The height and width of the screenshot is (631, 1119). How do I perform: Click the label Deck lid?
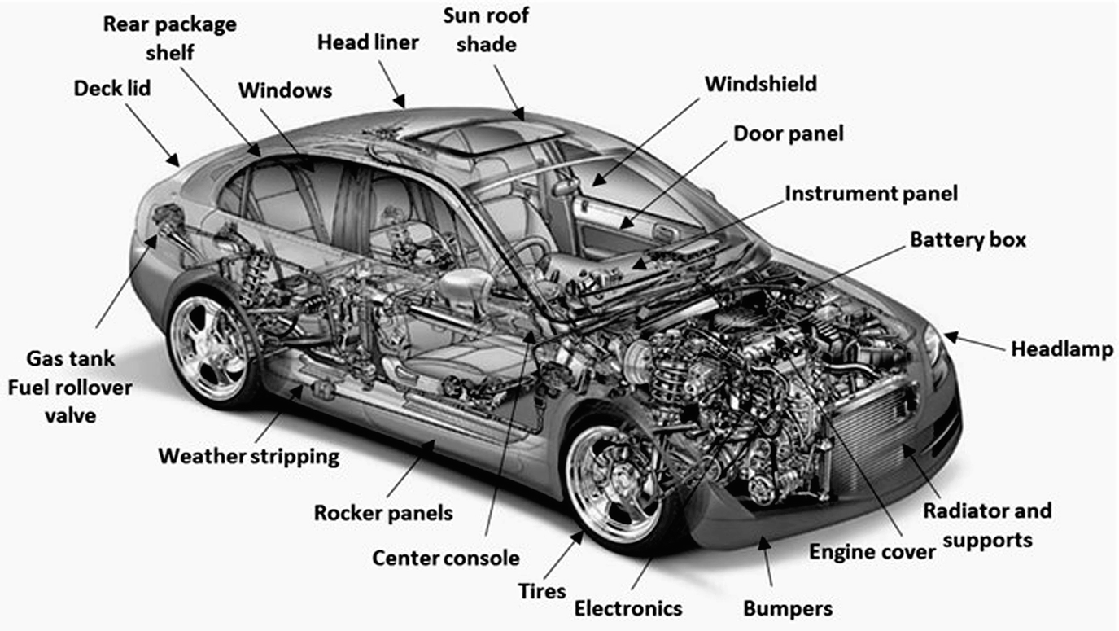click(x=112, y=88)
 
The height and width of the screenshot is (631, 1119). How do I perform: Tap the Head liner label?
click(x=368, y=42)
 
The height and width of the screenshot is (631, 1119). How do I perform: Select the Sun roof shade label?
click(x=486, y=29)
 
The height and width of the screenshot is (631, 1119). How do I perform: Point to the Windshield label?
click(x=760, y=84)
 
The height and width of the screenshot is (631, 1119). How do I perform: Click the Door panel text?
click(x=788, y=133)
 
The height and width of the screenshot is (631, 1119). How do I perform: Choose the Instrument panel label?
click(x=871, y=194)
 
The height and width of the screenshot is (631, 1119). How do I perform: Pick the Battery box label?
click(x=968, y=240)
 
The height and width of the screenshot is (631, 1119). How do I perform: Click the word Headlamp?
click(x=1061, y=349)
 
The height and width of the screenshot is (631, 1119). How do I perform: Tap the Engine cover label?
click(x=872, y=552)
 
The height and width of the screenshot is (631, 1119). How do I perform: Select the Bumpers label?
click(x=788, y=608)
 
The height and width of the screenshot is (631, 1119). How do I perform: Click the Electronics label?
click(x=627, y=608)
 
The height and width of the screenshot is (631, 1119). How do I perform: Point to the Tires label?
click(x=542, y=590)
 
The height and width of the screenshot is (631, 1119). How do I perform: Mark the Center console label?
click(x=445, y=559)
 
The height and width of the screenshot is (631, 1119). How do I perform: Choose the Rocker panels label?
click(x=383, y=513)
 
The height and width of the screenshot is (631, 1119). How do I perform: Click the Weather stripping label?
click(x=248, y=456)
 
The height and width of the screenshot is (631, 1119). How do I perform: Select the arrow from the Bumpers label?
click(x=766, y=563)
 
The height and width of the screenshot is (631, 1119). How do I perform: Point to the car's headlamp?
click(x=933, y=343)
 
